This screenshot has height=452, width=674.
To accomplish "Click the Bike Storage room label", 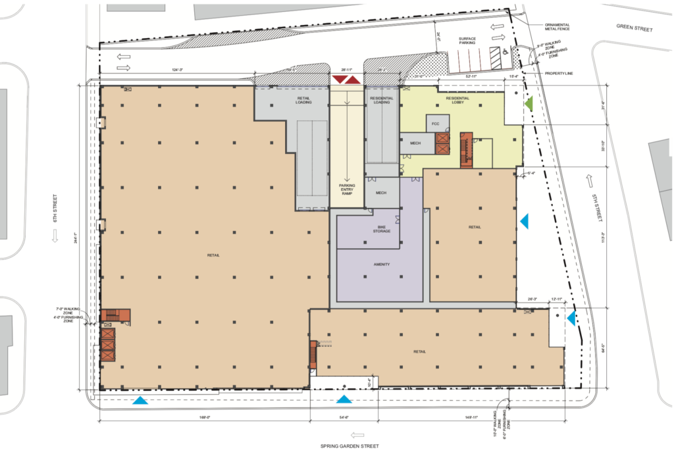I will coord(382,229).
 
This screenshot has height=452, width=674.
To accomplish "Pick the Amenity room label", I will coord(382,264).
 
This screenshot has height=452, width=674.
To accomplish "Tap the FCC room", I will coord(435,123).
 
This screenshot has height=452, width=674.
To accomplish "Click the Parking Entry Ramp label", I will coord(347,190).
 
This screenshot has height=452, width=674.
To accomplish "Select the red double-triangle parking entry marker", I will coord(346,80).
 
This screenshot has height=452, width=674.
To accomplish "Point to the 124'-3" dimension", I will coord(175,69).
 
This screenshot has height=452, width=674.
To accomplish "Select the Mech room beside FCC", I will coord(415,143).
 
